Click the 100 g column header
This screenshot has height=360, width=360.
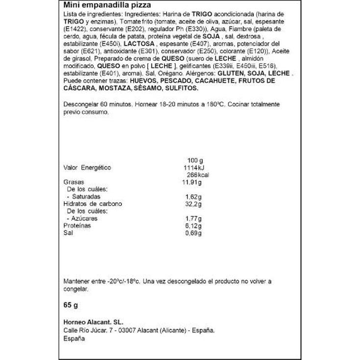[195, 160]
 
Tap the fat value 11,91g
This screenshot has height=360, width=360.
[192, 182]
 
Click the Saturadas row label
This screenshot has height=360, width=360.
[87, 196]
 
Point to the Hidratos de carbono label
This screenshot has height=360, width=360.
[93, 204]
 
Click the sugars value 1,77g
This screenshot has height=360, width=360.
[192, 218]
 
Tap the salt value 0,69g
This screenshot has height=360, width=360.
[193, 233]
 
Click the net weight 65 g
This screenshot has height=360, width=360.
[72, 306]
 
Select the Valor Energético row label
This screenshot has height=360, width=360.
[88, 168]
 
